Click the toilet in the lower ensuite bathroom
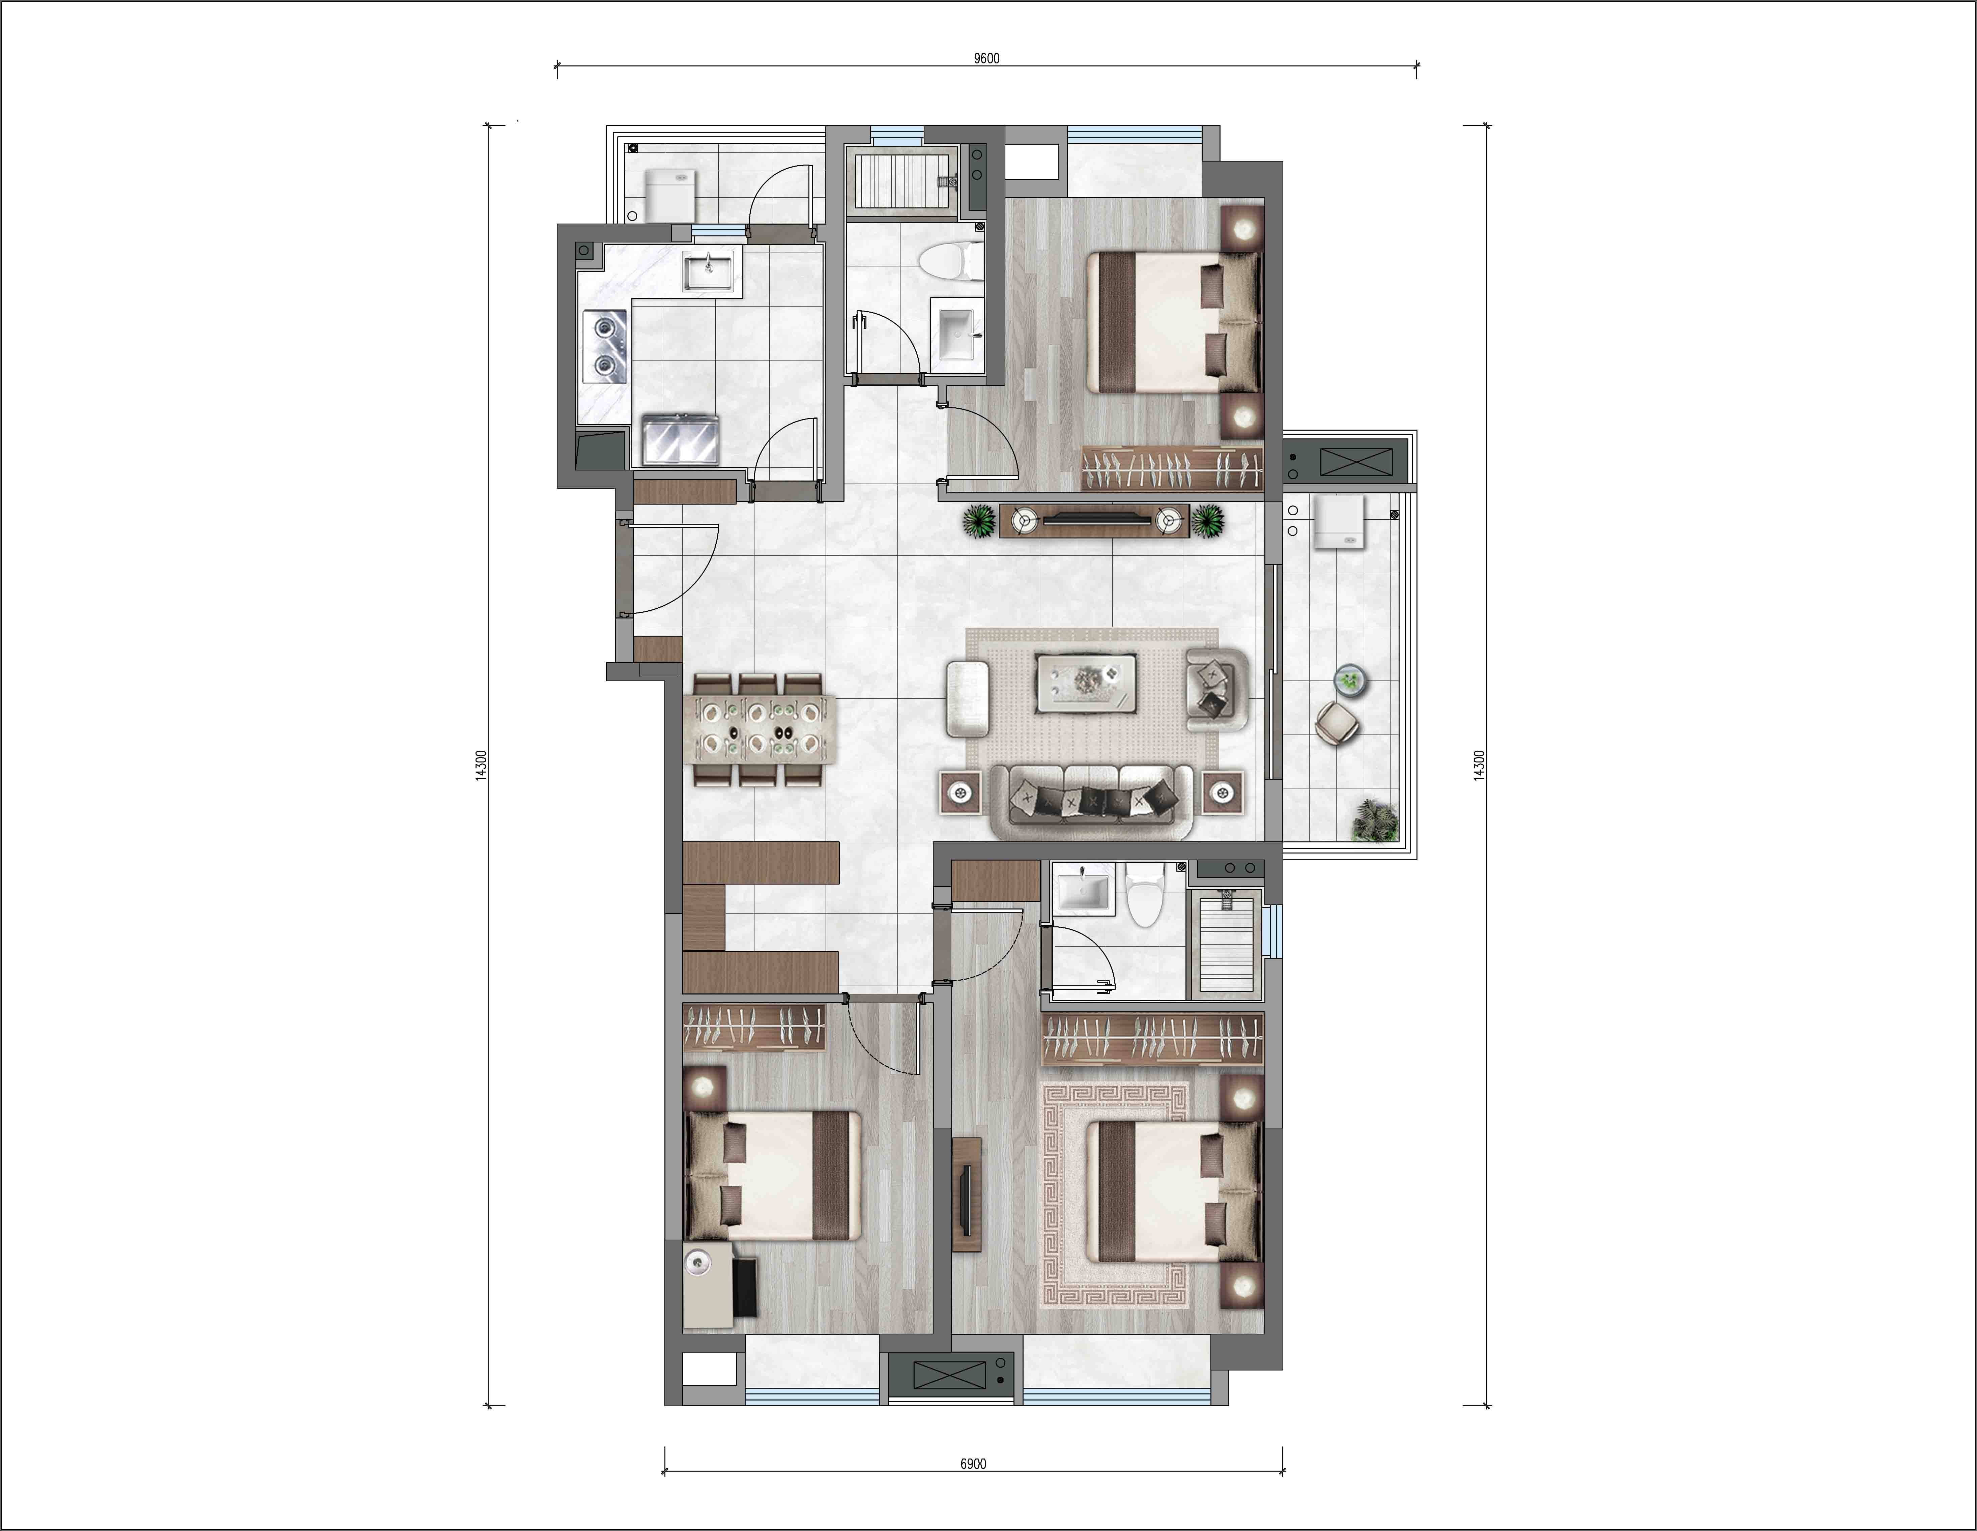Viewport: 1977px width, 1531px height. [1145, 895]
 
